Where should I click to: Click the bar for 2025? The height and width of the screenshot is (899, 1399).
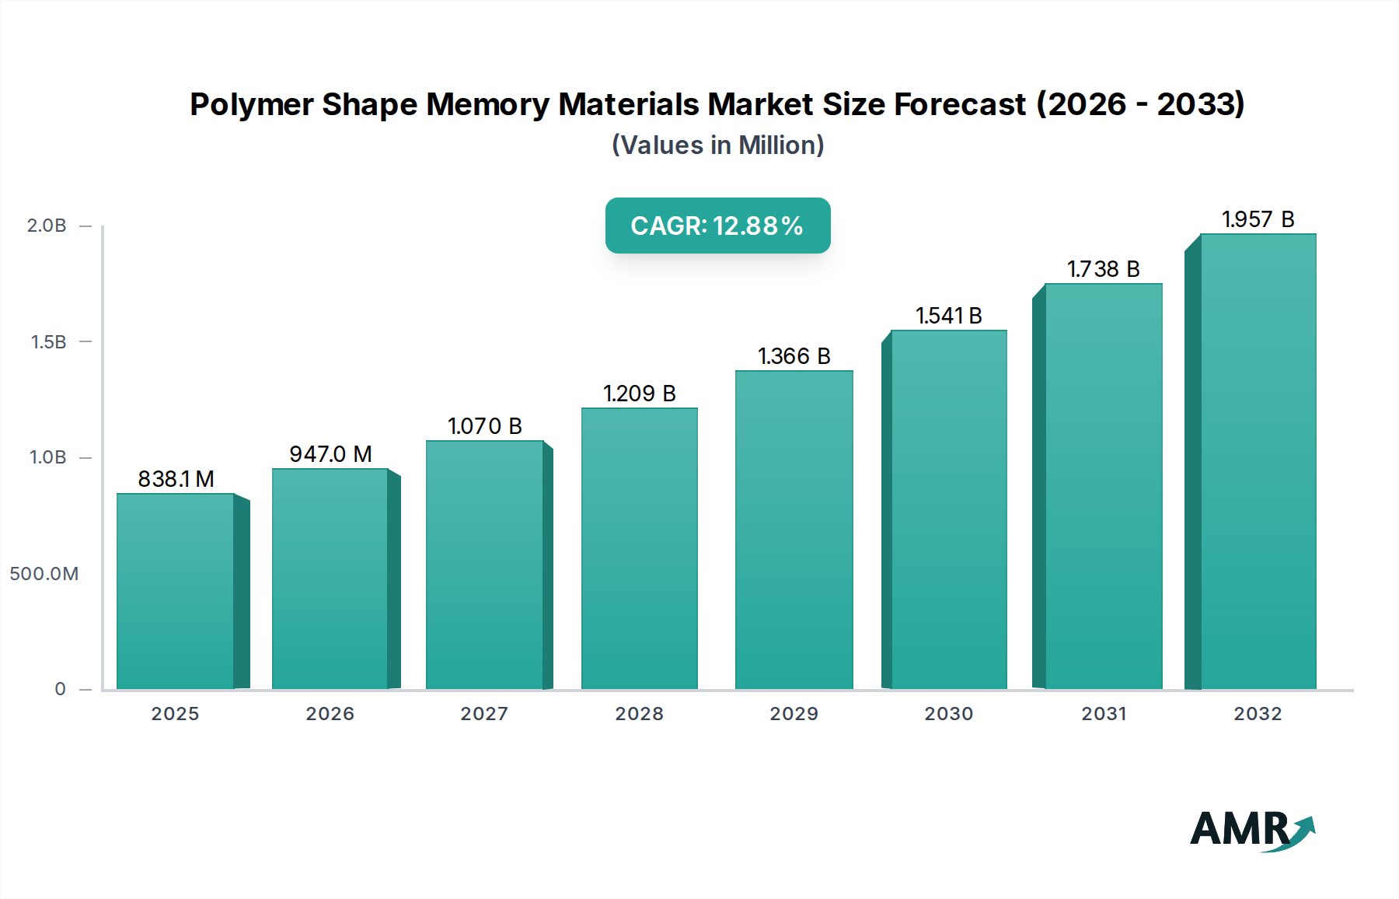[x=176, y=591]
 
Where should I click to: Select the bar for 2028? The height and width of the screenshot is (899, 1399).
[x=639, y=548]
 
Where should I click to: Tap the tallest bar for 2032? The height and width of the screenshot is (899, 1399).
[x=1258, y=461]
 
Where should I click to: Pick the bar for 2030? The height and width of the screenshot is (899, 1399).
[x=948, y=509]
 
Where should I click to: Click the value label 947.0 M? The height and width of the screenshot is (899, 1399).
[x=330, y=454]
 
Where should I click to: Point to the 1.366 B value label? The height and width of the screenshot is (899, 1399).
[x=794, y=356]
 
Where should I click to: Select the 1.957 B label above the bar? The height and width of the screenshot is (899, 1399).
[x=1258, y=219]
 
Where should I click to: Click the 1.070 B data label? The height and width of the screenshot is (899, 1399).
[x=484, y=426]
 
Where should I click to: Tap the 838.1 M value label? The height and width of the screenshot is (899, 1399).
[x=176, y=479]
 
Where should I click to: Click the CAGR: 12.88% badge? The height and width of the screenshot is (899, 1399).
[x=717, y=226]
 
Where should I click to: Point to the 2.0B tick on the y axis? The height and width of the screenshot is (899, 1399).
[x=47, y=226]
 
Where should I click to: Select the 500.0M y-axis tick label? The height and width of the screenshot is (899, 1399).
[x=44, y=574]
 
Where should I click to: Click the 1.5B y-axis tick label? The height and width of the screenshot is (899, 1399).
[x=48, y=342]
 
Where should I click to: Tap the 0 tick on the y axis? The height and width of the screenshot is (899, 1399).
[x=60, y=689]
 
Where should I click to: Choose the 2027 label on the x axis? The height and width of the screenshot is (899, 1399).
[x=484, y=714]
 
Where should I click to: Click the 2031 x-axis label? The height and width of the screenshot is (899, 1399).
[x=1104, y=714]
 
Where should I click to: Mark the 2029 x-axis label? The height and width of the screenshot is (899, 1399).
[x=794, y=714]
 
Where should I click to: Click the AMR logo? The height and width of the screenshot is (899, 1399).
[x=1251, y=830]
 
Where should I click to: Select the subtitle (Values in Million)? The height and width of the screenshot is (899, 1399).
[x=717, y=145]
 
